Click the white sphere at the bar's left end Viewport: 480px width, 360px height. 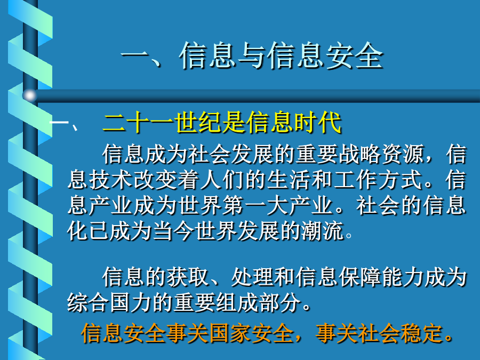pos(29,95)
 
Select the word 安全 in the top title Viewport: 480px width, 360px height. pos(354,55)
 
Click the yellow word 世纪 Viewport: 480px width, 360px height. pos(198,123)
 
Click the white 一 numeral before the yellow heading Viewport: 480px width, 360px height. pos(59,123)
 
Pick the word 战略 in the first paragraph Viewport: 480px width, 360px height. pos(359,154)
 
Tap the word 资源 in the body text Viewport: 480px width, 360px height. pos(402,154)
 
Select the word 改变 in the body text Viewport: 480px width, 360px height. pos(154,180)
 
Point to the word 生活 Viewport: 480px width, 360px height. pos(289,180)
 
